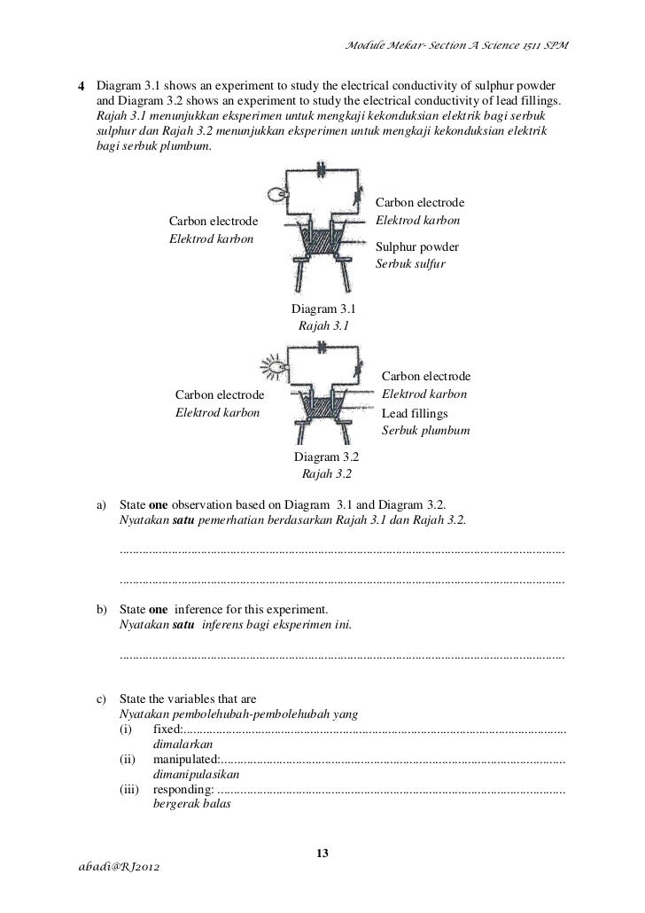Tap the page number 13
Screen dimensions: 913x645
[322, 853]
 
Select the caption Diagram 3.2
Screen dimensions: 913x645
[326, 457]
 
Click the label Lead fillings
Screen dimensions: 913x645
[415, 413]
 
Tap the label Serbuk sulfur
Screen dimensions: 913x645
[411, 264]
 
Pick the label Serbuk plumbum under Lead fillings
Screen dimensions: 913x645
[425, 431]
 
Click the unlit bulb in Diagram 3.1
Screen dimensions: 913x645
[276, 195]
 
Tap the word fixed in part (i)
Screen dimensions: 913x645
[167, 728]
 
